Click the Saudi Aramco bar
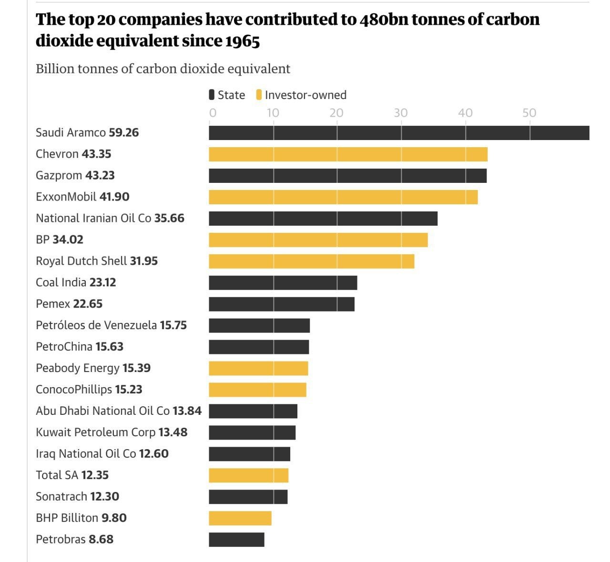[x=399, y=133]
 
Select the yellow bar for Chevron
[x=348, y=154]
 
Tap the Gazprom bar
[x=347, y=176]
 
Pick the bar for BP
[x=318, y=240]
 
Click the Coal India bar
[x=283, y=283]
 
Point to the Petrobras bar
[x=236, y=540]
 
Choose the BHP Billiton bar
[x=240, y=518]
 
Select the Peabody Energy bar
[x=258, y=369]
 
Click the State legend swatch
[x=212, y=95]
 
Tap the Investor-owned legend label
[x=305, y=95]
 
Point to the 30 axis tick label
[x=401, y=113]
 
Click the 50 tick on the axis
[x=529, y=113]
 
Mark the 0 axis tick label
[x=213, y=113]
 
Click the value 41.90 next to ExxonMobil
[x=114, y=197]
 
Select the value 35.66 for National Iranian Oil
[x=169, y=218]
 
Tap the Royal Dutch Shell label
[x=81, y=261]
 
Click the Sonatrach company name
[x=61, y=496]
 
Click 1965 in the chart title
[x=243, y=41]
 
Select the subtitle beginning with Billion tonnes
[x=163, y=69]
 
